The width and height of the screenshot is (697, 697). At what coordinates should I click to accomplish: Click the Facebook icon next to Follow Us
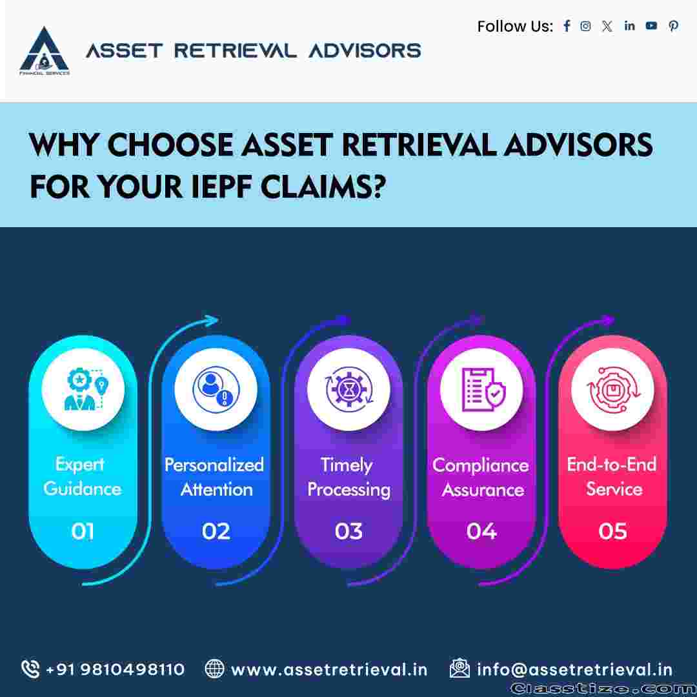[567, 26]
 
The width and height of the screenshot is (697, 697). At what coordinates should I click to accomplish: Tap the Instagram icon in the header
[585, 26]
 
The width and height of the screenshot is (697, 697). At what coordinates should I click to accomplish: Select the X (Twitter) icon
[607, 26]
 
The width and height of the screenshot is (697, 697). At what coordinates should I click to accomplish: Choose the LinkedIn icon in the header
[629, 26]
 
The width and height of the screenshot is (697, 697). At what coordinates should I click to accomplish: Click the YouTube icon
[651, 26]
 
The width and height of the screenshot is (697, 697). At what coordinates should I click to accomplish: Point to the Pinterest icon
[673, 26]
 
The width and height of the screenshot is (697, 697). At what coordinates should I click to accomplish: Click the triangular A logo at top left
[45, 50]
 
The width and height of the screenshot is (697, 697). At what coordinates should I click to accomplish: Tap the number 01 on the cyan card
[83, 531]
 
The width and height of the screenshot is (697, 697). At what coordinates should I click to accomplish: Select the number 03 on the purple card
[348, 531]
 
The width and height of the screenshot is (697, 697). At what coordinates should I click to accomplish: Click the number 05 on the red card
[612, 531]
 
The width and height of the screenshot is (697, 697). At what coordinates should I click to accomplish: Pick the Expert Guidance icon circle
[83, 389]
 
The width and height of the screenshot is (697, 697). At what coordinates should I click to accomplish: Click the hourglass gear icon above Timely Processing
[349, 389]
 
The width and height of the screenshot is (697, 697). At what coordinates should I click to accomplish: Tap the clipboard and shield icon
[482, 389]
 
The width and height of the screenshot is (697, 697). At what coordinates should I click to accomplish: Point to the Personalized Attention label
[215, 477]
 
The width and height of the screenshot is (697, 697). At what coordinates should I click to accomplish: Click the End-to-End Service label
[612, 476]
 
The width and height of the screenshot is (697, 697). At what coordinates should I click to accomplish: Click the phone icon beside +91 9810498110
[30, 669]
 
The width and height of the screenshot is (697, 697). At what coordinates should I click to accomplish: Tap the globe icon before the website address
[214, 669]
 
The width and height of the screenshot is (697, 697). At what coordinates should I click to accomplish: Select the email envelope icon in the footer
[460, 668]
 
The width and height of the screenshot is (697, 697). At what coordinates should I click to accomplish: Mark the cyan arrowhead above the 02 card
[210, 321]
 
